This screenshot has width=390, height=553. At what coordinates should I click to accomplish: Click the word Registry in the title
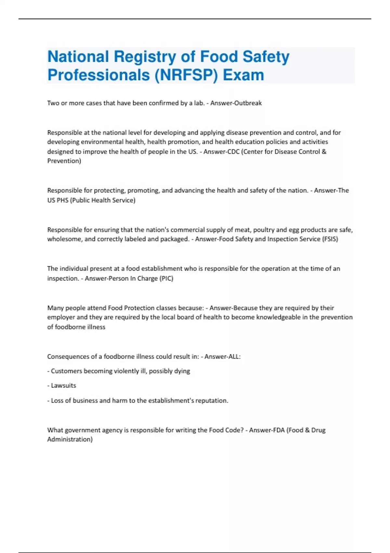(x=145, y=57)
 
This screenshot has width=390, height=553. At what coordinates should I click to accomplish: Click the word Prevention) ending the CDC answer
(x=64, y=161)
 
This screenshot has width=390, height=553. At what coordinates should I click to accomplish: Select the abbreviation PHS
(x=62, y=200)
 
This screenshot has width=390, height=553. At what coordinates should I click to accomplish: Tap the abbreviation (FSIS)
(x=330, y=239)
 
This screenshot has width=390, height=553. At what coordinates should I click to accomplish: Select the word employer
(x=61, y=317)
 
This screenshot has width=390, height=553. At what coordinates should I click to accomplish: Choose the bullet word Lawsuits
(x=63, y=386)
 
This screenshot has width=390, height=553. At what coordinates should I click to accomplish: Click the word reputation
(x=213, y=401)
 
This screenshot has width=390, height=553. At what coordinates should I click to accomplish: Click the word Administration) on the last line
(x=70, y=439)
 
